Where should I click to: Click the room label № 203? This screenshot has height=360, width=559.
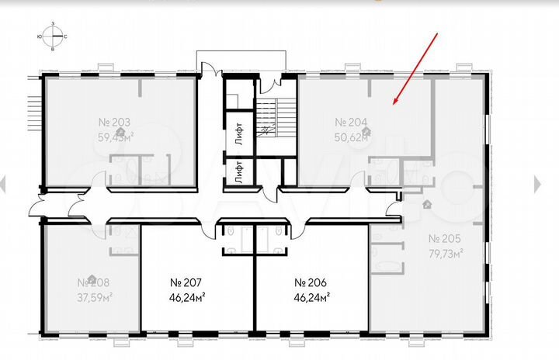[x=114, y=122]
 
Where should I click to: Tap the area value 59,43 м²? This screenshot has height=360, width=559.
[x=116, y=136]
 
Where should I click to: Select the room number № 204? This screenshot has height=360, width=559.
[x=350, y=122]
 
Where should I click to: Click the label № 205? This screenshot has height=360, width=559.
[x=445, y=238]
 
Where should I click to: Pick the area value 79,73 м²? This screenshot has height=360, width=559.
[x=445, y=252]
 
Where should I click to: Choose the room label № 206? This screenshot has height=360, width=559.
[x=311, y=282]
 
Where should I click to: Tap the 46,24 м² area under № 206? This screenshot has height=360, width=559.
[x=311, y=296]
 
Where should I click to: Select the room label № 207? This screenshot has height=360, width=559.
[x=186, y=282]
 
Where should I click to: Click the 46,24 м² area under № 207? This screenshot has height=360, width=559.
[x=186, y=296]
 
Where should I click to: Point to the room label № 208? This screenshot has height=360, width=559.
[x=92, y=282]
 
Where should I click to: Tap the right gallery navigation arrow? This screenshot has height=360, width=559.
[x=540, y=183]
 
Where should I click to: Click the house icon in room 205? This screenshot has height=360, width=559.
[x=427, y=203]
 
